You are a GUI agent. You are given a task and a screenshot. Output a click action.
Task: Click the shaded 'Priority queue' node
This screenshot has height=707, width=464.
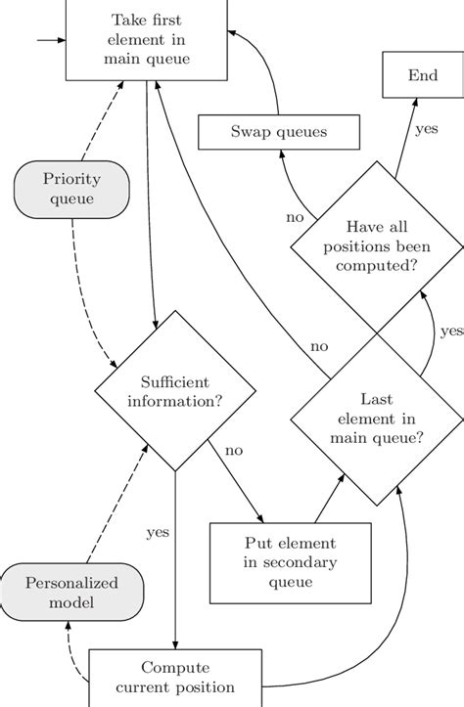pyautogui.click(x=72, y=190)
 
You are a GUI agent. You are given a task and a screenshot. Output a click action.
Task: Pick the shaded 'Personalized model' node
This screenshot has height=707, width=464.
pyautogui.click(x=72, y=592)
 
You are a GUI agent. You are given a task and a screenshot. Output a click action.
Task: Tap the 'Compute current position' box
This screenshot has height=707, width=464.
pyautogui.click(x=175, y=679)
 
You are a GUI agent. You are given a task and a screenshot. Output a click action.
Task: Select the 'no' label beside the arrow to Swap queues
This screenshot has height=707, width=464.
pyautogui.click(x=295, y=216)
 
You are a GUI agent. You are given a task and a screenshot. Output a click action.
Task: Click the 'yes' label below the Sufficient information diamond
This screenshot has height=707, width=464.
pyautogui.click(x=157, y=533)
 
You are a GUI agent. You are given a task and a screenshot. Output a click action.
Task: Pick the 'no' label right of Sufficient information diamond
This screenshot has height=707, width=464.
pyautogui.click(x=234, y=452)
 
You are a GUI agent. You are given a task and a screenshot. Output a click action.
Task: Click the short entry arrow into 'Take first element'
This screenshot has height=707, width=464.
pyautogui.click(x=49, y=41)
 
